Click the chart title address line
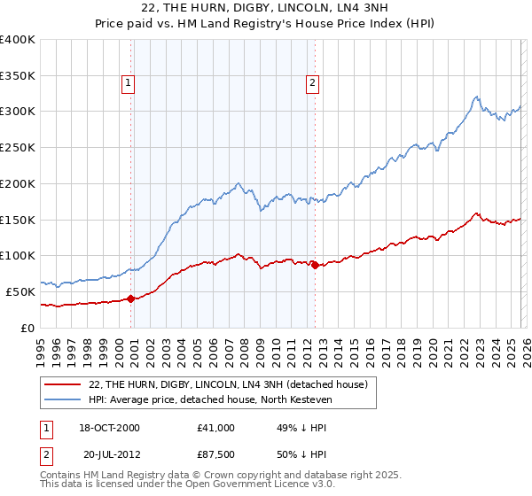[265, 8]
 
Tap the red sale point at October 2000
[131, 298]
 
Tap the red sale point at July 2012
[315, 265]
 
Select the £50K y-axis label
[20, 291]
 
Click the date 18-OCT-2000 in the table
[110, 428]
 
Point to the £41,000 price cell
[215, 428]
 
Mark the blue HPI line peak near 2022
[476, 97]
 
